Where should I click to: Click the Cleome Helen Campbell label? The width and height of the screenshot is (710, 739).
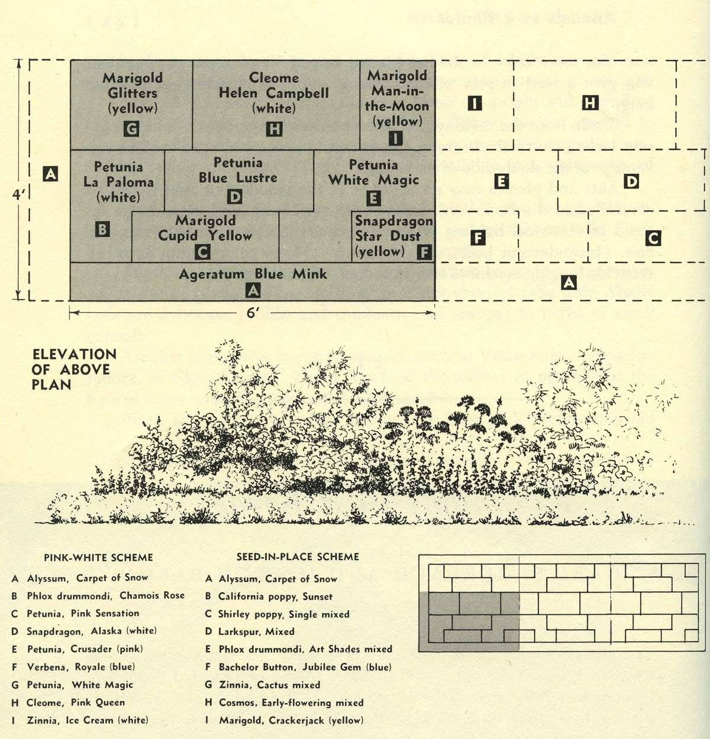tap(273, 93)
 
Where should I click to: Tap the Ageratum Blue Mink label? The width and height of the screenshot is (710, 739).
tap(253, 274)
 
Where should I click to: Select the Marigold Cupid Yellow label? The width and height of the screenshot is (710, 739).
tap(205, 228)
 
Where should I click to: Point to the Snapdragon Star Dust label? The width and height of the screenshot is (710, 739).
tap(393, 236)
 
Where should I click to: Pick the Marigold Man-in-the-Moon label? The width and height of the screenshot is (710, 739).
tap(398, 98)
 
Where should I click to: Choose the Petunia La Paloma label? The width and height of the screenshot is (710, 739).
tap(118, 182)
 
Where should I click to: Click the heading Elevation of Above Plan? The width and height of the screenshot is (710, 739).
tap(74, 369)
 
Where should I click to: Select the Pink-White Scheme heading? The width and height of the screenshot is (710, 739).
tap(98, 558)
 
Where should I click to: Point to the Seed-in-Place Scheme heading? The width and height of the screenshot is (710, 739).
tap(298, 557)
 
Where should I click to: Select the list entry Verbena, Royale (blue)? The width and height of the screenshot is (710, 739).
tap(73, 667)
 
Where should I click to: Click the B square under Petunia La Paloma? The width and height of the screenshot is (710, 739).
tap(102, 229)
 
